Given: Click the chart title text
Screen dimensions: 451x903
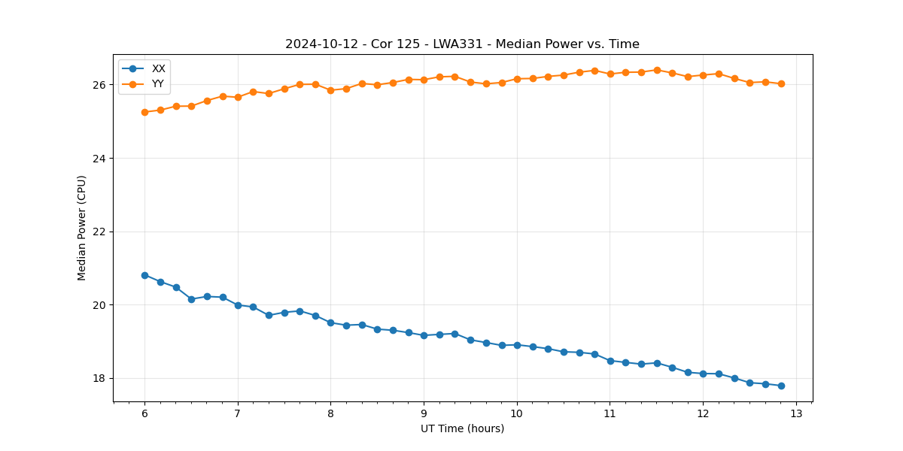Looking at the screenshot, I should click(462, 44).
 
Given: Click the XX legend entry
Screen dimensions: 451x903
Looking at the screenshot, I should click(158, 68).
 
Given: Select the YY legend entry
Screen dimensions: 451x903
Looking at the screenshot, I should click(158, 83).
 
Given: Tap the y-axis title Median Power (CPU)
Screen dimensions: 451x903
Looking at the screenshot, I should click(82, 228).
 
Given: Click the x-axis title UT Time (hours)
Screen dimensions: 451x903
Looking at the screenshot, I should click(462, 428).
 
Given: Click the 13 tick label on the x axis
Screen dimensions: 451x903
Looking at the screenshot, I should click(796, 414).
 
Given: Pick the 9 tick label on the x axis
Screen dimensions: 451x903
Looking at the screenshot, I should click(424, 414).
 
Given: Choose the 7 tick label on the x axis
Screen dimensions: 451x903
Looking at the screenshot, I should click(238, 414).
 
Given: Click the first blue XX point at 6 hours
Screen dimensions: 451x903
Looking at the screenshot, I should click(144, 275).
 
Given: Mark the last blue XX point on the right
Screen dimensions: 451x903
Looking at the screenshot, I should click(781, 386).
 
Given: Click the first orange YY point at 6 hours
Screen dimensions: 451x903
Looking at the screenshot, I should click(144, 112).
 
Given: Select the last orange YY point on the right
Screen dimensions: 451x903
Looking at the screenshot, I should click(781, 83).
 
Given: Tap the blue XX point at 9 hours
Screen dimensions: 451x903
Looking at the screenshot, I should click(424, 335).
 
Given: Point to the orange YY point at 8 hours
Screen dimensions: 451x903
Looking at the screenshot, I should click(330, 90).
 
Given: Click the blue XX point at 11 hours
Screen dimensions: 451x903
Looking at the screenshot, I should click(610, 361).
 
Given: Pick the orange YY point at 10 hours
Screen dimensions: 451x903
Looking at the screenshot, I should click(517, 78).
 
